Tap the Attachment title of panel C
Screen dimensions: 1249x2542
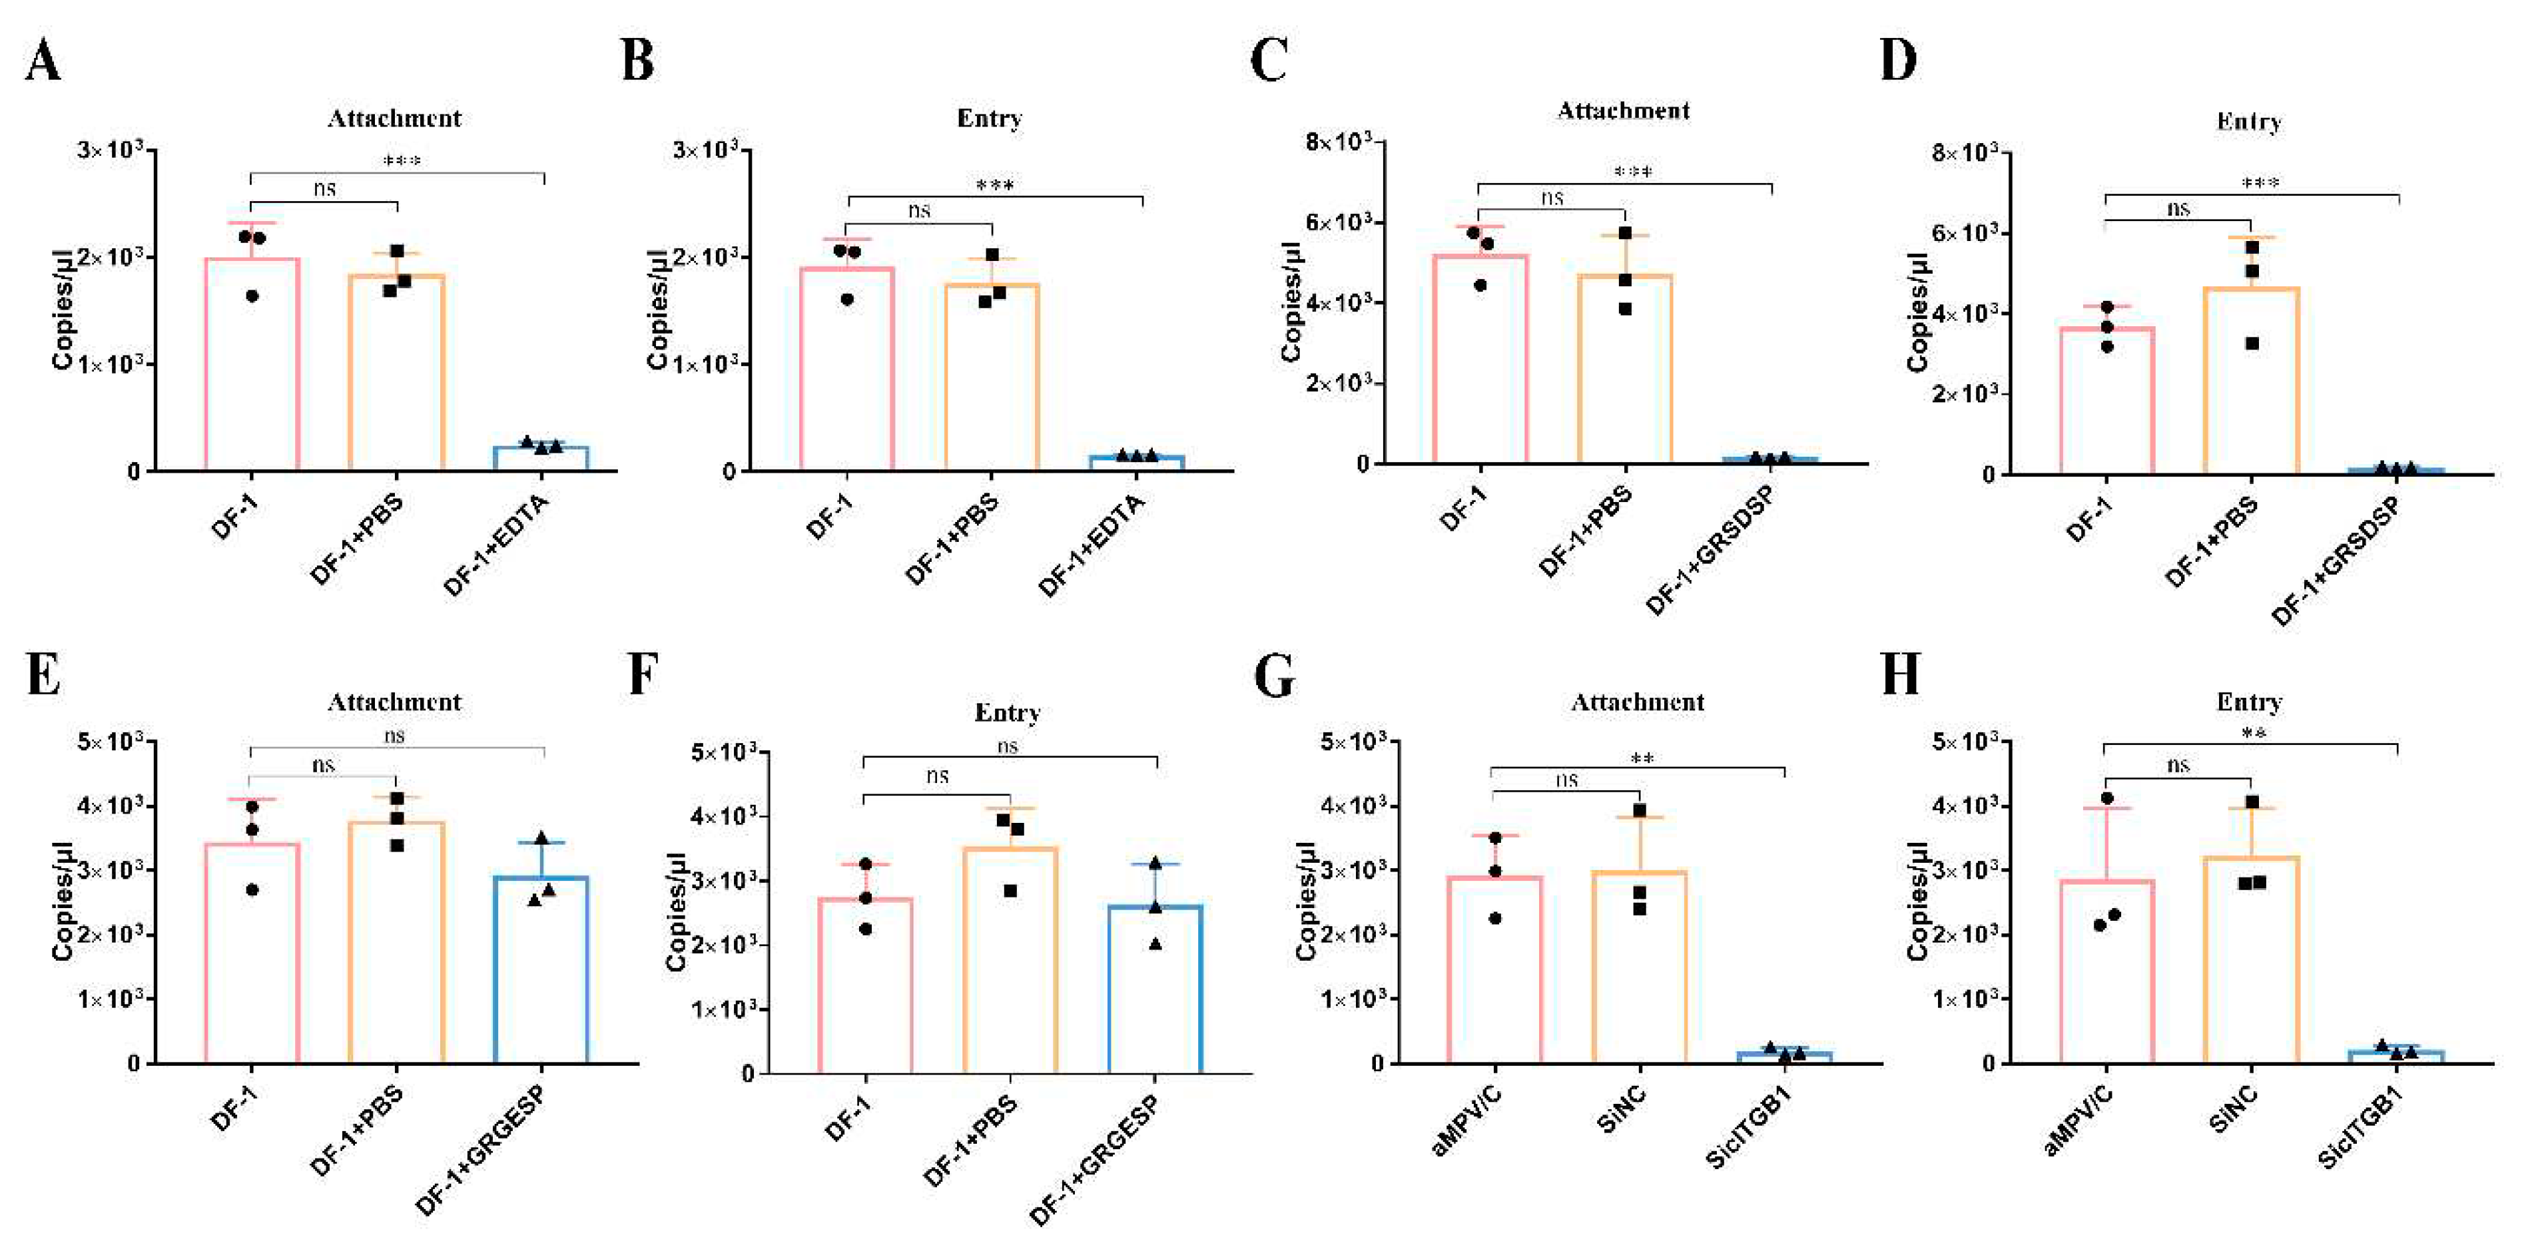click(1622, 111)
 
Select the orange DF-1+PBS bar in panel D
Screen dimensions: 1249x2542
click(2251, 380)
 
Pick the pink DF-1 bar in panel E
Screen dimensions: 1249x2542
click(252, 952)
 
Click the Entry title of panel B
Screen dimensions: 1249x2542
click(989, 119)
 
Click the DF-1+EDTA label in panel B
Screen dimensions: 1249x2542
click(1092, 545)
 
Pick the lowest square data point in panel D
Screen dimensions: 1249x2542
click(2252, 344)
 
